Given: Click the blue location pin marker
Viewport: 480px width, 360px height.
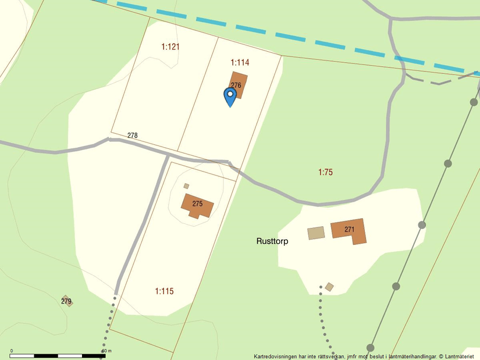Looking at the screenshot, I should (230, 97).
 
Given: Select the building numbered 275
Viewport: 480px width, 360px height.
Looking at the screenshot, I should (197, 204).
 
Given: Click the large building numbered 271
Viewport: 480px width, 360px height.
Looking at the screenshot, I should (349, 231).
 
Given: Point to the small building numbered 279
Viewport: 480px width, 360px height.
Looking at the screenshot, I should (67, 301).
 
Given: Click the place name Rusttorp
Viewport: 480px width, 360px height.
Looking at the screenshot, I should (272, 241).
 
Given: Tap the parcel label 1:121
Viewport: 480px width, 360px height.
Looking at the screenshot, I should (170, 47).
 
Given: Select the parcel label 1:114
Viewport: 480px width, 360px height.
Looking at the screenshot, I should (240, 62).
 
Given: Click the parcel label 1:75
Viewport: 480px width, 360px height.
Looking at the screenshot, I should (325, 172).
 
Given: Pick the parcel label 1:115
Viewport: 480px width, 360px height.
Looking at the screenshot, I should (164, 291).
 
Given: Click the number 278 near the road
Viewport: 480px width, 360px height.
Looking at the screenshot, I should (133, 136).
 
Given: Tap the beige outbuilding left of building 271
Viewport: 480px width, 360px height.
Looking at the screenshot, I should (316, 233).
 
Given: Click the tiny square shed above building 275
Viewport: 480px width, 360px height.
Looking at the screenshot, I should (186, 186).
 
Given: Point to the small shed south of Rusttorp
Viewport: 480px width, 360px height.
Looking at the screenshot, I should (329, 287).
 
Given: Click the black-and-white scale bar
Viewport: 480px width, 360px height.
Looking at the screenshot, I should (58, 355).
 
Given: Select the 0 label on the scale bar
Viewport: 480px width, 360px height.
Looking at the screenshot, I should (12, 351).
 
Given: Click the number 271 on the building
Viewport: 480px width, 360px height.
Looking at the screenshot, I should (349, 230).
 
